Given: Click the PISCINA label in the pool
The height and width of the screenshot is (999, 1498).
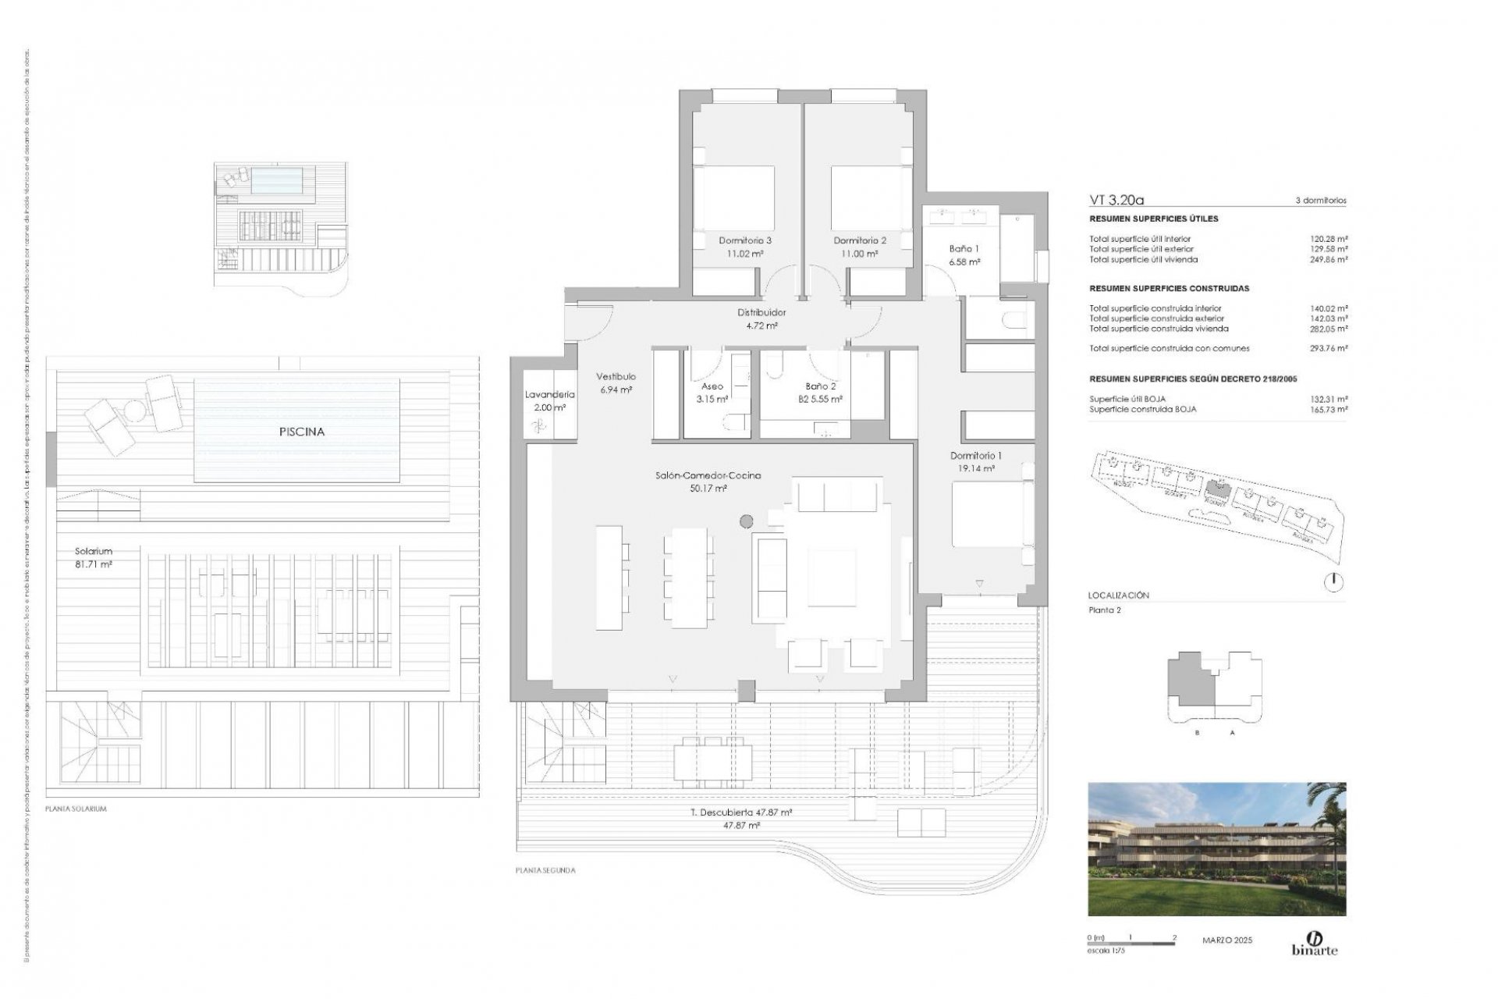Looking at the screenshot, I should point(301,432).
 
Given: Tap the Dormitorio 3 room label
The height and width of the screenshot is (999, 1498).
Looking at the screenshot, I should point(745,241).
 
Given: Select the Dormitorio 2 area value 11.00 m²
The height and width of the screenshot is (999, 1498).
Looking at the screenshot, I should point(860,254).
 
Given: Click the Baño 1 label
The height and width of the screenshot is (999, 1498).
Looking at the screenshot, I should point(964,249).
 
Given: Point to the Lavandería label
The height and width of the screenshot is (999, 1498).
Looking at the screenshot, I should point(549,395).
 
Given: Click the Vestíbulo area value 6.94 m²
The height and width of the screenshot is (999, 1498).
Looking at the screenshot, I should point(616,389).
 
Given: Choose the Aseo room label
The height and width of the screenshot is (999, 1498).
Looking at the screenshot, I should point(712,386).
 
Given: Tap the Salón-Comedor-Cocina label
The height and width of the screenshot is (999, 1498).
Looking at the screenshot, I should point(708,475).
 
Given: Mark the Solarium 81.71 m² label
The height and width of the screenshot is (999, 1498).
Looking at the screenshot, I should point(94,563).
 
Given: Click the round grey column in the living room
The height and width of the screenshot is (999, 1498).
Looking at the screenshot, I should point(746,521).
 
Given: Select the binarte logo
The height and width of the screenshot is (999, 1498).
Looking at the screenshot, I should point(1315,943).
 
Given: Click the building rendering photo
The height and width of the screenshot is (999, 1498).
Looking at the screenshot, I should point(1216,848).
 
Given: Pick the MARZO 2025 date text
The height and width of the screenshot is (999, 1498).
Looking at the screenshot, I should point(1226,940).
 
